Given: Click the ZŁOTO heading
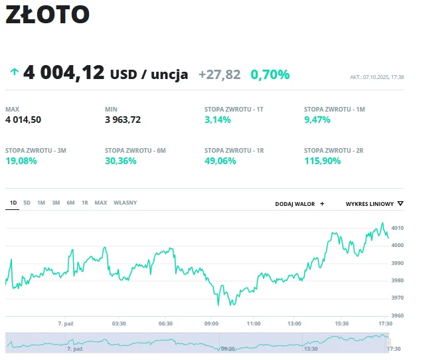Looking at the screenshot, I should coord(47,15).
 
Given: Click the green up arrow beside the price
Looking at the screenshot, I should coord(13,72).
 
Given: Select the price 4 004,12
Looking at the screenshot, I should coord(64,72).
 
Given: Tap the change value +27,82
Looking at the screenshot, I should coord(219,74).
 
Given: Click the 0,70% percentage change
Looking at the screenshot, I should coord(270,74).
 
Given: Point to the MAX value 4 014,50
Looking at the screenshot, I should coord(23,120).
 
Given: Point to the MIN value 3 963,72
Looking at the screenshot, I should coord(123,120).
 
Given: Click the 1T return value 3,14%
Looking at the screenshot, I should coord(218,120).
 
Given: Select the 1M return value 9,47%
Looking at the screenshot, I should coord(317,120).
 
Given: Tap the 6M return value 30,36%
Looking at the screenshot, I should coord(121,161).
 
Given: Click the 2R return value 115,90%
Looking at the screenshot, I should coord(323,161).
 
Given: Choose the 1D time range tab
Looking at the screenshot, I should coord(13,203).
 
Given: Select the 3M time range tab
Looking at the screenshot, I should coord(56,203).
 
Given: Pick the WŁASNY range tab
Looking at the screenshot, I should coord(125,203).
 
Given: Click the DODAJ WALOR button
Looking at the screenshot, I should coord(299,204).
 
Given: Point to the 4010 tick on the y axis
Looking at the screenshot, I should coord(398,228).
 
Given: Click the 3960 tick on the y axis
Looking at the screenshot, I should coord(398,315).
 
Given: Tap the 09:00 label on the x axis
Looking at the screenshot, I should coord(211,323).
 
